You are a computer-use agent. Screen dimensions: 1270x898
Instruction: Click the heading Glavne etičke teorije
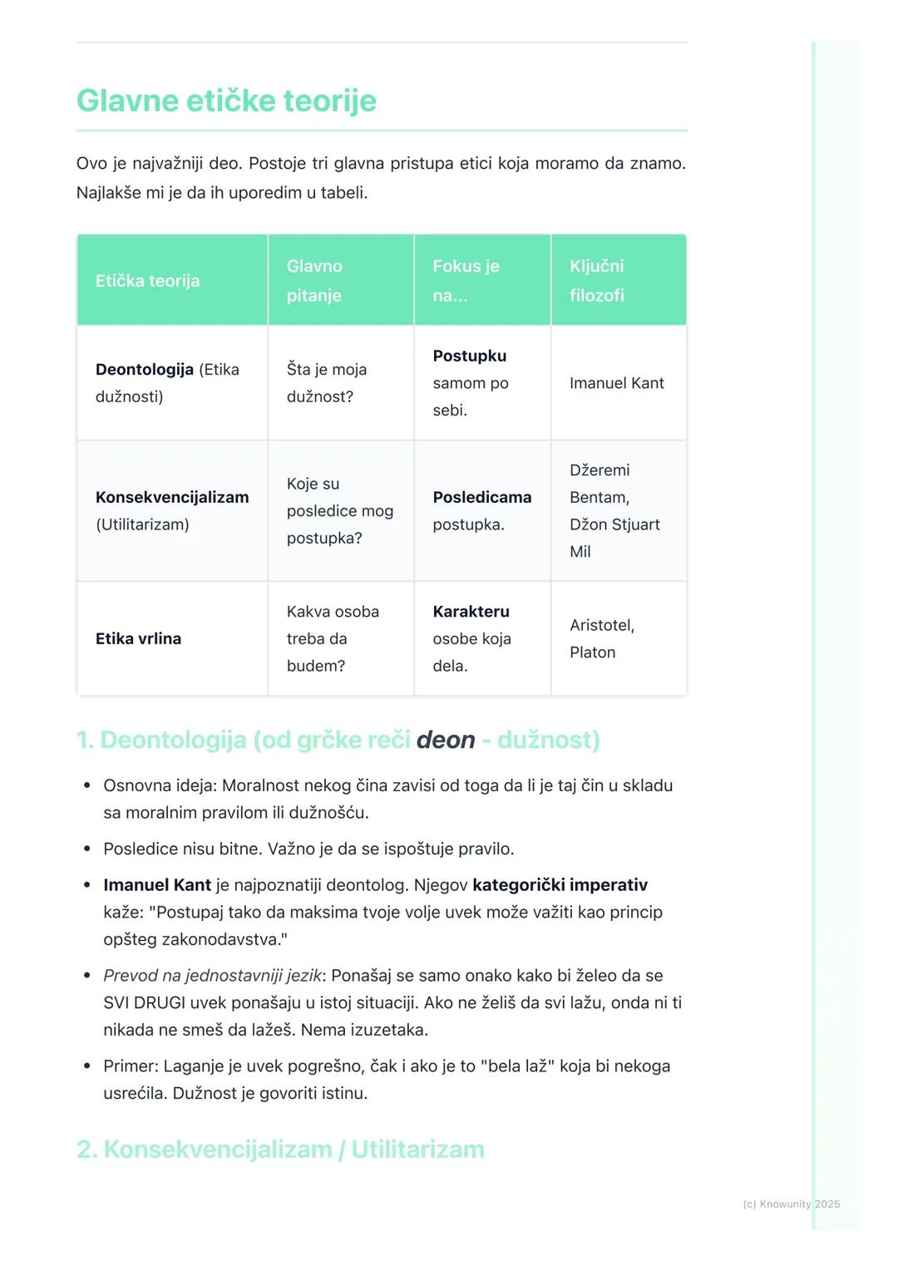point(226,101)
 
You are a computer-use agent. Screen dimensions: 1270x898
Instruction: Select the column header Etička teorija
point(147,281)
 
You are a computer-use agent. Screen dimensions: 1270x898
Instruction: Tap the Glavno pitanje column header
point(314,281)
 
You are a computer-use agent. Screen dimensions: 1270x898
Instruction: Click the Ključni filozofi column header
point(596,281)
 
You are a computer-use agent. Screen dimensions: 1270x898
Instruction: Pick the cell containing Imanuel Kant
point(616,383)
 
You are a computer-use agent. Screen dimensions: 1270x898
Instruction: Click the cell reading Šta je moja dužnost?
point(326,383)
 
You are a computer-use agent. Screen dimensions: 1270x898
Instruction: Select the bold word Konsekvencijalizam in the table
point(172,497)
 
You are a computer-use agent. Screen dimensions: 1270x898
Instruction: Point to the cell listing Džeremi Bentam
point(614,510)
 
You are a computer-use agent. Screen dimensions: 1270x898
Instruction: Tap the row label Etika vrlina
point(138,638)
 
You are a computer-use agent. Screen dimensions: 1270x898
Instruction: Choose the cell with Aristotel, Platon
point(601,638)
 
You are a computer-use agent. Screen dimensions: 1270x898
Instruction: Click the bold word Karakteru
point(471,612)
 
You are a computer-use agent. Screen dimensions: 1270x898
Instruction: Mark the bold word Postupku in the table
point(469,356)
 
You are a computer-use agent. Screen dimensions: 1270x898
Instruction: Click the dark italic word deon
point(446,740)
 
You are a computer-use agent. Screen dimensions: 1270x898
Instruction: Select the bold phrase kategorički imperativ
point(560,885)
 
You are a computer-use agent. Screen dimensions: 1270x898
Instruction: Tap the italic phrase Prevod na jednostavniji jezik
point(212,976)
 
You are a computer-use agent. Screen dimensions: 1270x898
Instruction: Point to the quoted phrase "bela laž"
point(517,1066)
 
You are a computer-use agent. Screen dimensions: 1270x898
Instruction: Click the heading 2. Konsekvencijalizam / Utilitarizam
point(280,1149)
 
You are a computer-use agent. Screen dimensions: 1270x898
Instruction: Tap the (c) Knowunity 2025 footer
point(791,1204)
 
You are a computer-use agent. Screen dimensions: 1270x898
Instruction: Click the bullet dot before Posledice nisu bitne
point(87,849)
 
